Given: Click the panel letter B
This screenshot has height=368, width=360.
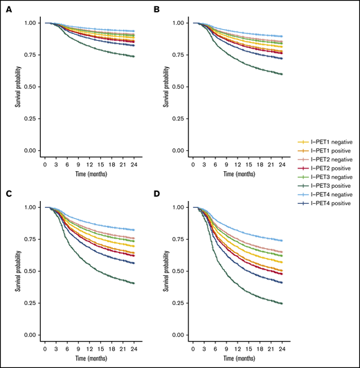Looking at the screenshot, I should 157,10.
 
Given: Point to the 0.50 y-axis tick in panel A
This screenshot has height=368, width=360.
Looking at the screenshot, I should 33,87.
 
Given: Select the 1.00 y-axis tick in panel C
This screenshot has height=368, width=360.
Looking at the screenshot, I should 33,207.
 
